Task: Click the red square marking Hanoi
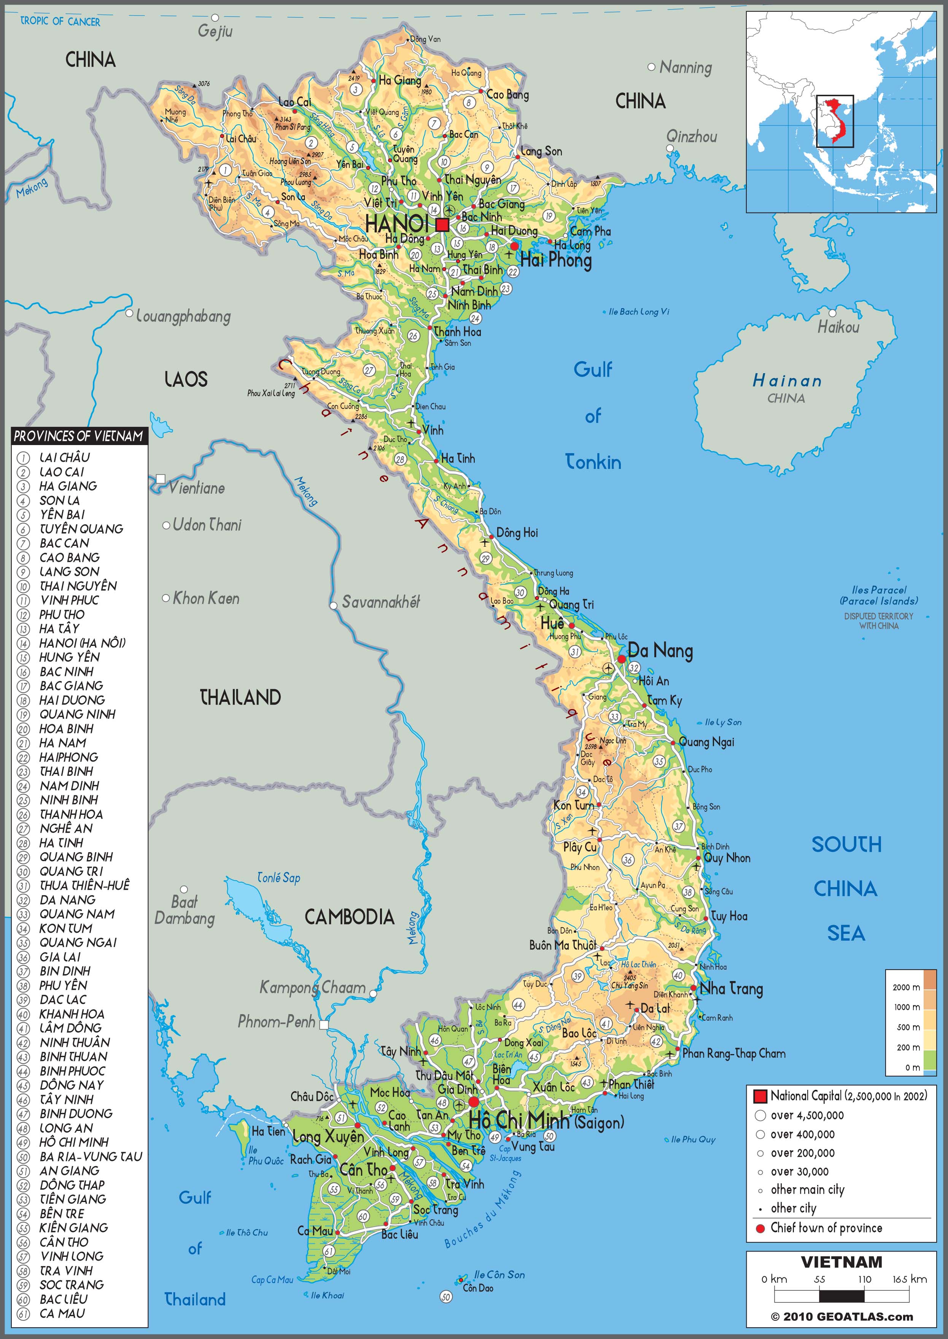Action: pyautogui.click(x=442, y=225)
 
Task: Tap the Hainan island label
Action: pyautogui.click(x=787, y=381)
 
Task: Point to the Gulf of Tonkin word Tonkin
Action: pyautogui.click(x=593, y=462)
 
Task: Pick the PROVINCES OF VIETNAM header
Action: pyautogui.click(x=78, y=436)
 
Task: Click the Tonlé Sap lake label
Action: pyautogui.click(x=278, y=878)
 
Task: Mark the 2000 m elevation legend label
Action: pyautogui.click(x=906, y=987)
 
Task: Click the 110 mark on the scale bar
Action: pyautogui.click(x=864, y=1279)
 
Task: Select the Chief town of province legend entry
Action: pyautogui.click(x=826, y=1228)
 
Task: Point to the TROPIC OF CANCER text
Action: pyautogui.click(x=60, y=22)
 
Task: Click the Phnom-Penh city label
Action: pyautogui.click(x=276, y=1021)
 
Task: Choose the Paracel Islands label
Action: pyautogui.click(x=878, y=595)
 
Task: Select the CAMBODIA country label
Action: pyautogui.click(x=349, y=917)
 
